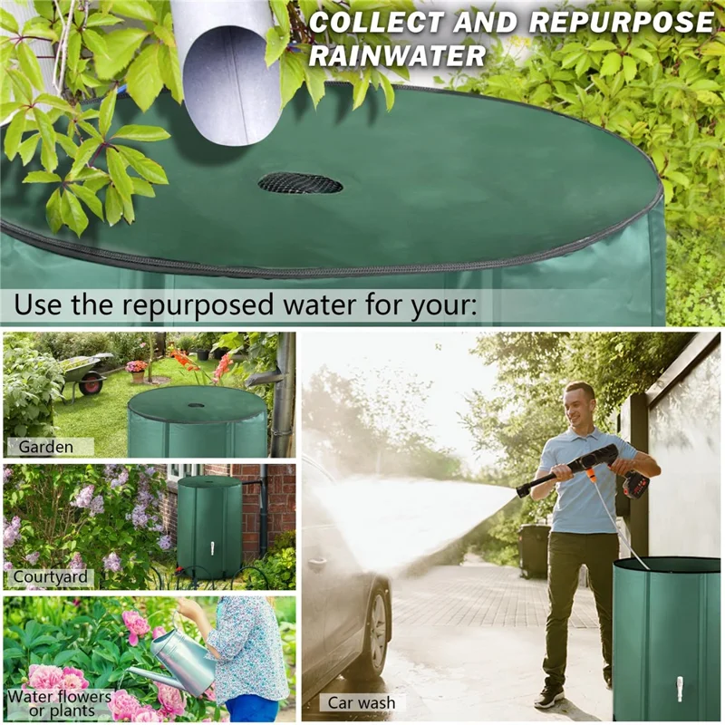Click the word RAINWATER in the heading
(x=398, y=56)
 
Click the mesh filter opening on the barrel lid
(x=300, y=183)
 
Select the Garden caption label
(x=45, y=446)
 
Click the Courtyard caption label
(x=51, y=576)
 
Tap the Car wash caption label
(x=362, y=702)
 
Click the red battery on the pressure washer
(x=636, y=485)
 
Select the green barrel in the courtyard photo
(x=208, y=526)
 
